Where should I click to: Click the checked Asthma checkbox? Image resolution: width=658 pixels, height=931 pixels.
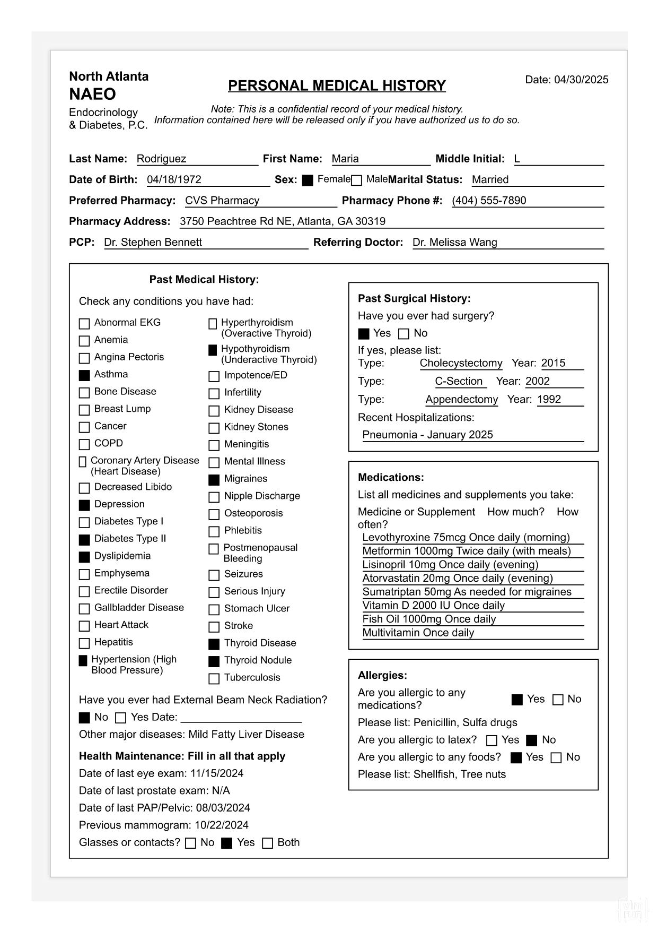point(84,375)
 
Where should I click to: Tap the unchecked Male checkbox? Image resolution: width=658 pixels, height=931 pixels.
point(357,180)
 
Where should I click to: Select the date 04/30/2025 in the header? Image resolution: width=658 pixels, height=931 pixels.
point(581,80)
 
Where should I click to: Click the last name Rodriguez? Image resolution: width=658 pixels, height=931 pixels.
point(161,159)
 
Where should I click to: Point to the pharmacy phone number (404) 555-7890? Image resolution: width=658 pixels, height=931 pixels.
point(489,201)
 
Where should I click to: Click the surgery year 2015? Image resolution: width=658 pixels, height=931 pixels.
point(553,363)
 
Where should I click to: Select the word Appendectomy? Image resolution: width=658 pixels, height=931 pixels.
point(462,399)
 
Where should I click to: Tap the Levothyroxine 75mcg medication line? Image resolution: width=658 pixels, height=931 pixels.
point(466,537)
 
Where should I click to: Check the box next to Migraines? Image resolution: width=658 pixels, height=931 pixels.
point(214,480)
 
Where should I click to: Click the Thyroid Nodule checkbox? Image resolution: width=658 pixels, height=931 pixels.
point(214,661)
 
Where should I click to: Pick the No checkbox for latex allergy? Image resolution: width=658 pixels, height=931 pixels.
point(532,740)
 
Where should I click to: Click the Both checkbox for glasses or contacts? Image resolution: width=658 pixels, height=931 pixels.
point(268,843)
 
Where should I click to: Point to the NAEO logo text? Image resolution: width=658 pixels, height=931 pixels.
point(92,94)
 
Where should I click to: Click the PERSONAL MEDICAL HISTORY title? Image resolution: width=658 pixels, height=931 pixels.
point(337,85)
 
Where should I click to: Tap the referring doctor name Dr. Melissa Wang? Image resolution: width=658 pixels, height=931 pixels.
point(454,243)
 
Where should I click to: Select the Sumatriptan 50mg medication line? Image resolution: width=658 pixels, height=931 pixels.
point(467,592)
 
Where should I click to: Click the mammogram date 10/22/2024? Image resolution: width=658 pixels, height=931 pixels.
point(222,825)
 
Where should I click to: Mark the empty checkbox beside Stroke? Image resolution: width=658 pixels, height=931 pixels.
point(214,627)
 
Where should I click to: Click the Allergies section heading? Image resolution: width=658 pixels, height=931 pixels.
point(382,675)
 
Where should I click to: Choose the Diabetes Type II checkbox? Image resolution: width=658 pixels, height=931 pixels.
point(84,540)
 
